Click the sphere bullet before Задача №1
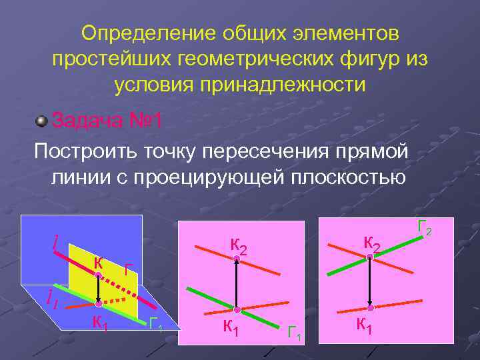42,121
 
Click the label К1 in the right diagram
365,325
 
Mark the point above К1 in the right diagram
370,307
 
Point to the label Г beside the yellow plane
129,271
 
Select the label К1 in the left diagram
100,323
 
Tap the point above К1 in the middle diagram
236,309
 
